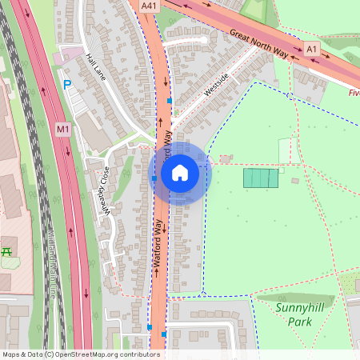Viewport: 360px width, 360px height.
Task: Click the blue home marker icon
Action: [x=180, y=173]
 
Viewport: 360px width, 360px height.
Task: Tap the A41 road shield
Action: [x=148, y=6]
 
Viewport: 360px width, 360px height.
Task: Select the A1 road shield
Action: [x=311, y=50]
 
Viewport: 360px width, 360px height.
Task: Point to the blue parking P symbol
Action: [x=67, y=83]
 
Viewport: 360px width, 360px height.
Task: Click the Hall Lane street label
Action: [x=96, y=67]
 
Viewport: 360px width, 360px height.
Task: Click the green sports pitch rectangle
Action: [x=261, y=178]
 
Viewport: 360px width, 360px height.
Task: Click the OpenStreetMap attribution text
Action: [x=81, y=354]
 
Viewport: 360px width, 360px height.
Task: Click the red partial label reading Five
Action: [x=354, y=92]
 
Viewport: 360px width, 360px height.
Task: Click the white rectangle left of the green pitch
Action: [x=285, y=150]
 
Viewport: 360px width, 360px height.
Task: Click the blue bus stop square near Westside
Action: [x=170, y=102]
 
